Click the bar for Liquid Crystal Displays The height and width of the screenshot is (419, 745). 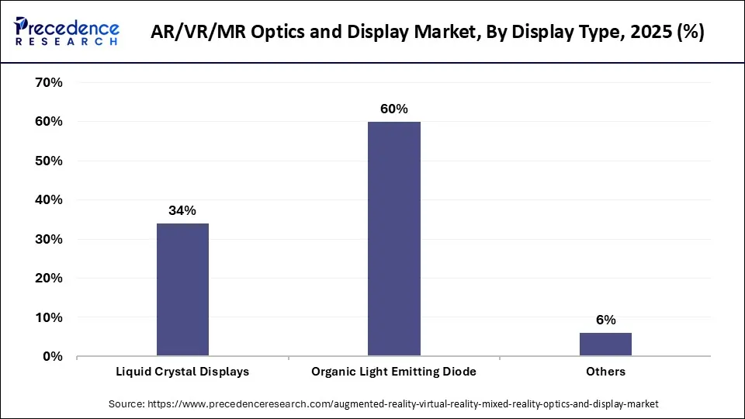182,289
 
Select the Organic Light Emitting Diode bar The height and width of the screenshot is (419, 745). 393,239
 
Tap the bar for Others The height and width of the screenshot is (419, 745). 605,345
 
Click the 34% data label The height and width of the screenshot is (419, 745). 182,210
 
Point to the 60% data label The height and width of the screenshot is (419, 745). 393,109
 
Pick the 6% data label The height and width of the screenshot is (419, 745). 605,320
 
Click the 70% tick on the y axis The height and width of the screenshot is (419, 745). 47,82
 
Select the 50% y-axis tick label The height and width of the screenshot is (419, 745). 47,161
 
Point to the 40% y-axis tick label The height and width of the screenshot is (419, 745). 47,199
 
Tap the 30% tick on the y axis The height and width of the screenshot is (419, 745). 47,239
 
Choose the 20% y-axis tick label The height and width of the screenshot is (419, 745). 47,278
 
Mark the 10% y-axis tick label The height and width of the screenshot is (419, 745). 47,317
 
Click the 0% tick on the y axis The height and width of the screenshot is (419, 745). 51,356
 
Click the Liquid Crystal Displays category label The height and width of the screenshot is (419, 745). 182,372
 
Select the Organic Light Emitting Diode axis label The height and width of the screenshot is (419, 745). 393,372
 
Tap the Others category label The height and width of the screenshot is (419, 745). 605,372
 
